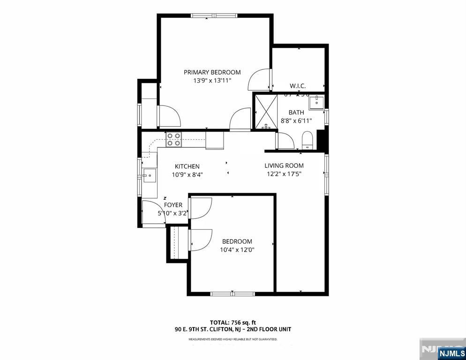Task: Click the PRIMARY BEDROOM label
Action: point(212,72)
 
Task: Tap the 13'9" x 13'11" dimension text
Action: point(212,81)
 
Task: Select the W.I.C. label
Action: point(298,86)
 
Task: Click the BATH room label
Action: point(296,112)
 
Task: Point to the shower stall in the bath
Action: point(266,112)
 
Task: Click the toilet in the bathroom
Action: point(308,140)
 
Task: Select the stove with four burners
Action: point(174,139)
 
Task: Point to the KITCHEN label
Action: point(187,166)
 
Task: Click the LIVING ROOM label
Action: point(284,165)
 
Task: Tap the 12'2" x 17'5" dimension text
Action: point(284,174)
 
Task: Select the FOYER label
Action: point(173,205)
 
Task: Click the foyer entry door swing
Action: point(151,210)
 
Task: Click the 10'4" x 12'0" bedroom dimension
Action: point(237,250)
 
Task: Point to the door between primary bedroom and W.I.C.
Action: point(259,79)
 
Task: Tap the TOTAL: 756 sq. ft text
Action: point(233,322)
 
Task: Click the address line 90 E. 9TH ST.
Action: point(233,330)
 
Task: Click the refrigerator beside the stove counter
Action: point(214,141)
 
